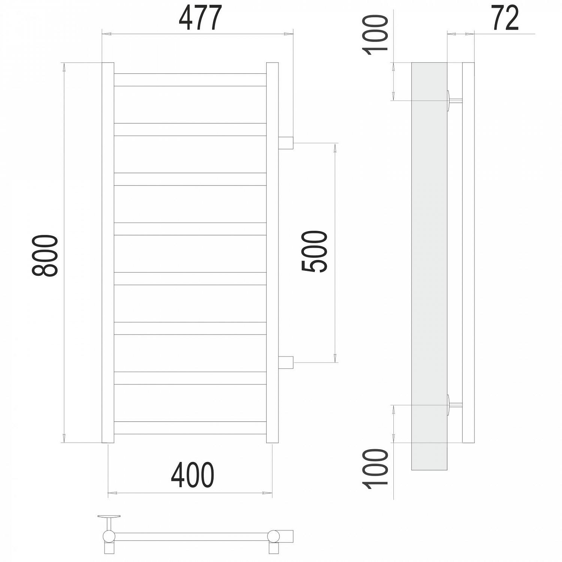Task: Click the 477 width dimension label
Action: (x=200, y=18)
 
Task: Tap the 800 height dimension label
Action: (x=45, y=256)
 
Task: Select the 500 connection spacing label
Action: (x=314, y=251)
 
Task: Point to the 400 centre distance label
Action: (x=193, y=475)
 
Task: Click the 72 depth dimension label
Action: (x=505, y=18)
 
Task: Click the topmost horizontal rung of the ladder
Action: (x=190, y=80)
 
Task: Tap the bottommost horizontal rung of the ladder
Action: (x=190, y=428)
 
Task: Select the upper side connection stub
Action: (x=286, y=143)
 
